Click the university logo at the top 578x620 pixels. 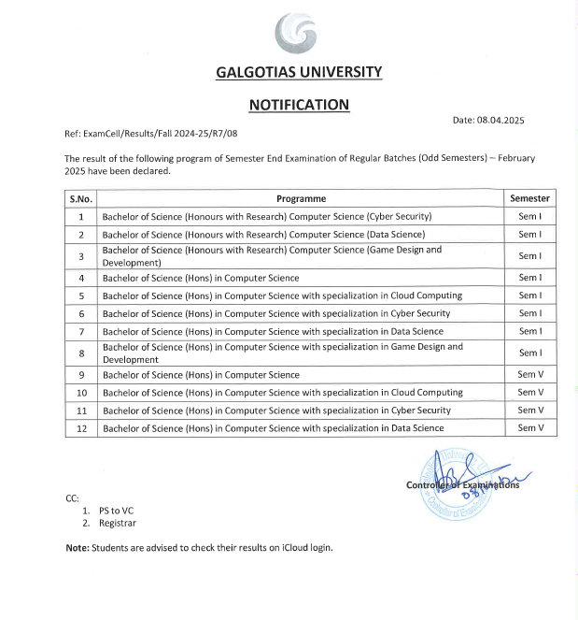[x=298, y=35]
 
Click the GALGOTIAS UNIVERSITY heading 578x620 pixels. [x=299, y=72]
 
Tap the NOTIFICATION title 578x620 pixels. [x=299, y=105]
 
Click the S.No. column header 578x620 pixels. [x=81, y=198]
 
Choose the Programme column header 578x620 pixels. [x=301, y=198]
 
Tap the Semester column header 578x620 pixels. [x=529, y=198]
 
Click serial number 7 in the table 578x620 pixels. [x=81, y=331]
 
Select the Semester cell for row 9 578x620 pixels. [x=529, y=375]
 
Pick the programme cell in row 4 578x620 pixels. [x=201, y=278]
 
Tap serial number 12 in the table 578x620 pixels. [x=81, y=428]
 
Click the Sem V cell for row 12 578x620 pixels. [x=529, y=428]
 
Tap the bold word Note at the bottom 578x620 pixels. [x=77, y=547]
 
